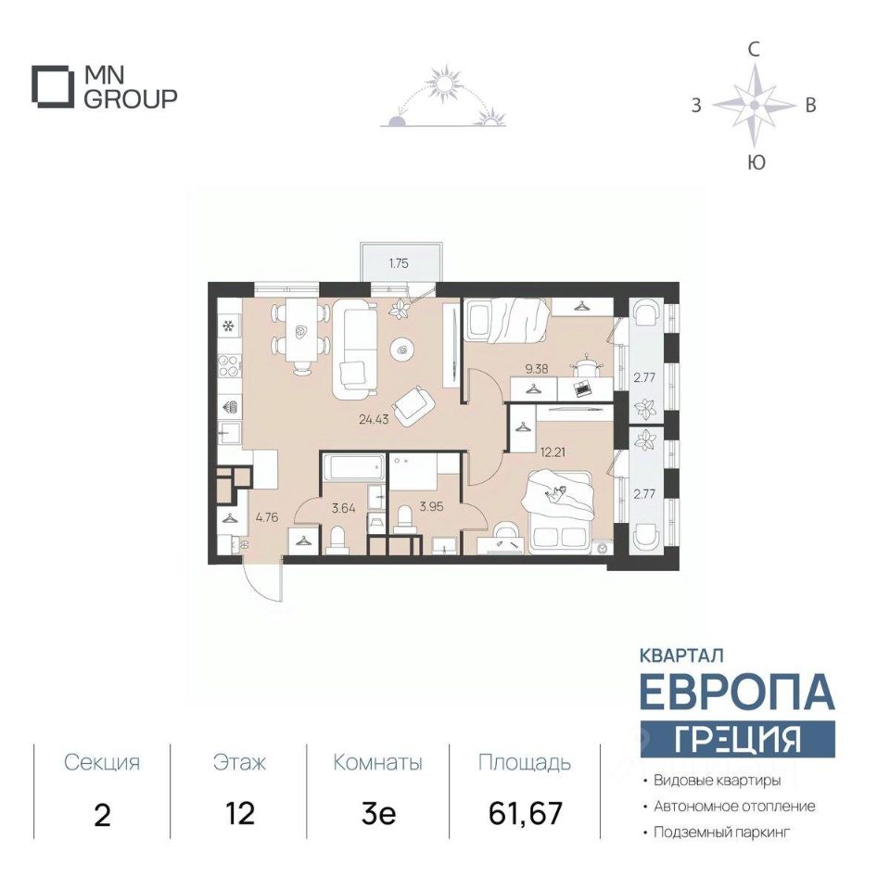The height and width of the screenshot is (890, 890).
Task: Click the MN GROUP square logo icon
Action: pyautogui.click(x=52, y=86)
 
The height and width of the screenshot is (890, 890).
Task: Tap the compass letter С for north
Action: pyautogui.click(x=753, y=50)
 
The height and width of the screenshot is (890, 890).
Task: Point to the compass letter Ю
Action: pyautogui.click(x=756, y=162)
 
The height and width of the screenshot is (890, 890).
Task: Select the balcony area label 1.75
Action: pyautogui.click(x=399, y=263)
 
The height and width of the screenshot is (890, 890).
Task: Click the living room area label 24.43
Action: pyautogui.click(x=374, y=420)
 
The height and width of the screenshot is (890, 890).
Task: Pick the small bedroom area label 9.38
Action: pyautogui.click(x=537, y=369)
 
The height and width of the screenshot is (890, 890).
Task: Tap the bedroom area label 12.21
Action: pyautogui.click(x=553, y=452)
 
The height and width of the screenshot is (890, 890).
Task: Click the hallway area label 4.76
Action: pyautogui.click(x=267, y=517)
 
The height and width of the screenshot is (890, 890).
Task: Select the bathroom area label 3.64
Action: pyautogui.click(x=343, y=508)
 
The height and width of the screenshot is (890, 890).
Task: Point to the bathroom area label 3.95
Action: pyautogui.click(x=431, y=506)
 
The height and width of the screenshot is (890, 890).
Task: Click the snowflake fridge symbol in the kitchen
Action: pyautogui.click(x=228, y=326)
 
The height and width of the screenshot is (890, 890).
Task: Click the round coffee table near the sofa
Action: pyautogui.click(x=402, y=350)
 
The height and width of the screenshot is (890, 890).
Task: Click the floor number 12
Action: pyautogui.click(x=239, y=814)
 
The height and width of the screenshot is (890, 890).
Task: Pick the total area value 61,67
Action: pyautogui.click(x=526, y=813)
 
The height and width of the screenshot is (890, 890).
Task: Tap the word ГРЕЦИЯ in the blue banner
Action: pyautogui.click(x=737, y=739)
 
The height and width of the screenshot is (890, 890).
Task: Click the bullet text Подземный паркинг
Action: pyautogui.click(x=721, y=833)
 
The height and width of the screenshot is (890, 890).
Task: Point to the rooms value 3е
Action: pyautogui.click(x=378, y=814)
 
